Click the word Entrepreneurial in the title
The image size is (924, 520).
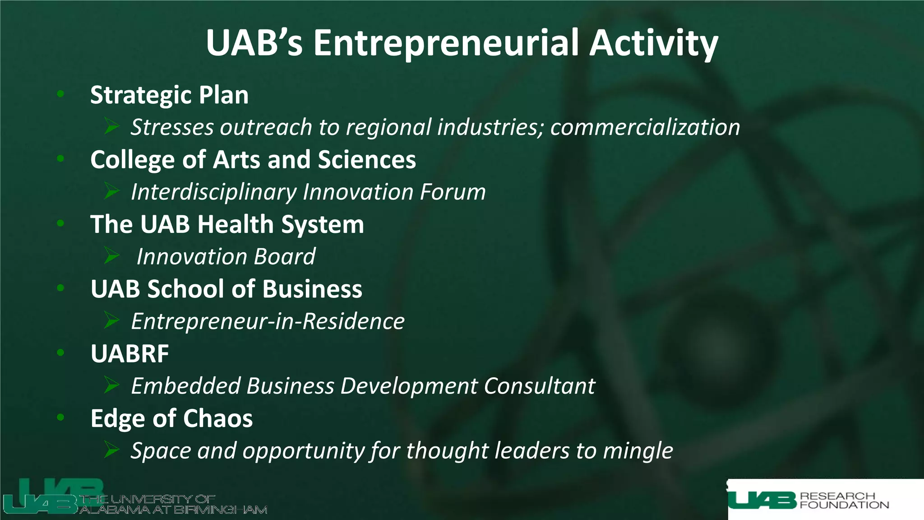446,43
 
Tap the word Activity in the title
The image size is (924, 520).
654,43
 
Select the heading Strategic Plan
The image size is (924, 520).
169,95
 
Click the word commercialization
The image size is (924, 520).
645,127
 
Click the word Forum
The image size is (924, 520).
453,192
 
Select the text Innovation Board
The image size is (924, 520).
226,257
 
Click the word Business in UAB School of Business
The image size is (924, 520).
312,289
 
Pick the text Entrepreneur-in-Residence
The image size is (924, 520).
268,321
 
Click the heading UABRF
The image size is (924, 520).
130,353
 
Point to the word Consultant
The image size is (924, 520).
539,386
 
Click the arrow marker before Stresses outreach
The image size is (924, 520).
111,126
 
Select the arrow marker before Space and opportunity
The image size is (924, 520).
111,450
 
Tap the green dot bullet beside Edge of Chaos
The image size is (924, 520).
61,417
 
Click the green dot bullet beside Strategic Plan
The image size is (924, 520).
61,94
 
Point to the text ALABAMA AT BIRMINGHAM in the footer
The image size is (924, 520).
174,510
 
